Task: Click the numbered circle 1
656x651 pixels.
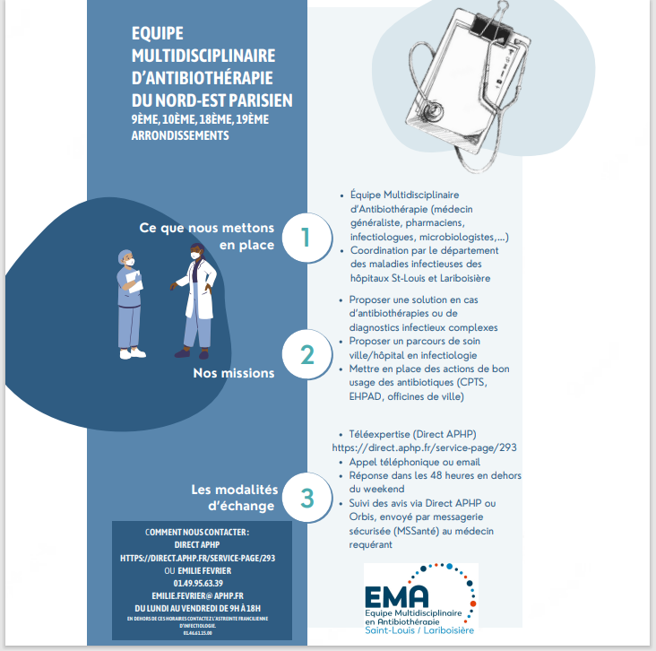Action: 306,237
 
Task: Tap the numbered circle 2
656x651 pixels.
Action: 306,355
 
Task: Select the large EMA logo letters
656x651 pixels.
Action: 397,596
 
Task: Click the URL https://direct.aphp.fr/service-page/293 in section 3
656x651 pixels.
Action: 424,447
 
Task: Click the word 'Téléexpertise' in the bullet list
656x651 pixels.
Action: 379,432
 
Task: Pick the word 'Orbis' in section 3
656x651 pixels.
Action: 363,516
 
